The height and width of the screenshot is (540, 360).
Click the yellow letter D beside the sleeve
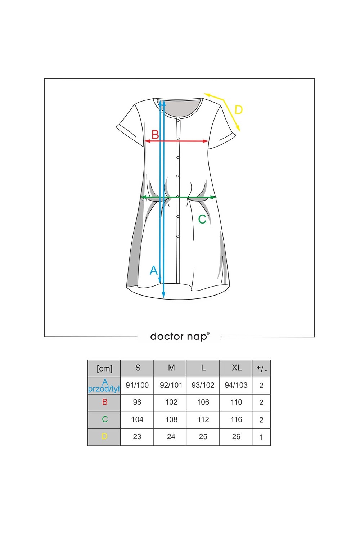point(238,109)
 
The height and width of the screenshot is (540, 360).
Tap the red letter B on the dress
point(155,135)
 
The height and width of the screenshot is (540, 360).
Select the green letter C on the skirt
point(202,219)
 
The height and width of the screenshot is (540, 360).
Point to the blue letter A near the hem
point(154,270)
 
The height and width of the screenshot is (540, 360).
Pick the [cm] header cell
point(104,368)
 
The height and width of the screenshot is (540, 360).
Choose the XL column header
point(236,368)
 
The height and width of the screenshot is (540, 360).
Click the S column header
point(138,368)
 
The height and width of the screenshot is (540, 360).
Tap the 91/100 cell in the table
point(137,385)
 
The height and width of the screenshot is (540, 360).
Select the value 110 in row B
point(236,402)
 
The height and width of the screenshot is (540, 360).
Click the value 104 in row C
point(137,419)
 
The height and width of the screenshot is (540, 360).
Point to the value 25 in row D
point(203,437)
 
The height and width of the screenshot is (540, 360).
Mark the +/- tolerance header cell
point(261,368)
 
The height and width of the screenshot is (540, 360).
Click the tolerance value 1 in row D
point(261,437)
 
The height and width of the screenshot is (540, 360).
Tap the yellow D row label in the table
point(104,437)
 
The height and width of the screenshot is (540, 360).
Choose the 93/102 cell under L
point(203,385)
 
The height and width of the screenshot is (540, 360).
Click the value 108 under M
point(171,419)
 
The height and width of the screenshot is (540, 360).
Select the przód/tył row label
point(104,388)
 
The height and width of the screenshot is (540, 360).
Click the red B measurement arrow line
point(191,141)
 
